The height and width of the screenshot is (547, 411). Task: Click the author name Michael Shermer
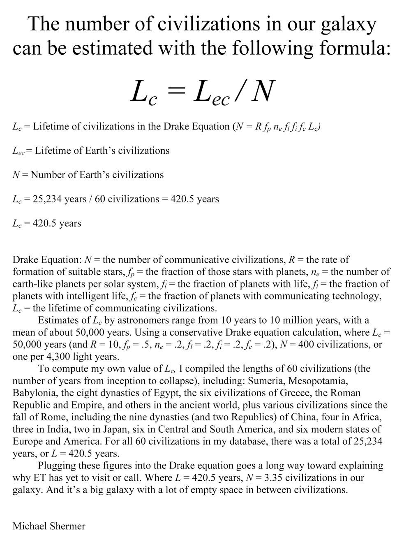[x=49, y=526]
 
